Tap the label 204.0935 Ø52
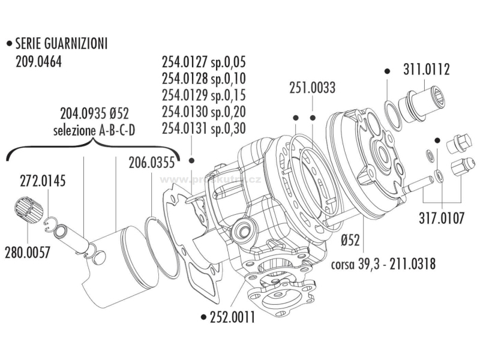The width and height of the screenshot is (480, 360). pyautogui.click(x=95, y=113)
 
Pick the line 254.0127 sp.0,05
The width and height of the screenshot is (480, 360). pyautogui.click(x=204, y=62)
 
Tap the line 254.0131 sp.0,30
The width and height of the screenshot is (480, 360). pyautogui.click(x=204, y=127)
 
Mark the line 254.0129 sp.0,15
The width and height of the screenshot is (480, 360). pyautogui.click(x=204, y=95)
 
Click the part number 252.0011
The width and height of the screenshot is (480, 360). pyautogui.click(x=231, y=317)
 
